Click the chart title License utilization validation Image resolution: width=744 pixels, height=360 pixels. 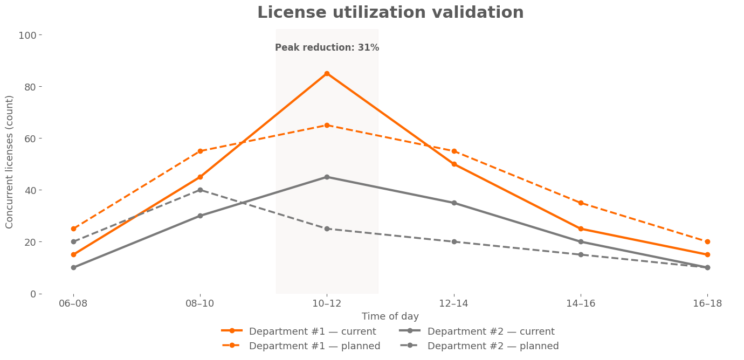pyautogui.click(x=390, y=13)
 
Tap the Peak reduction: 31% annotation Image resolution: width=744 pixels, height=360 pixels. pyautogui.click(x=327, y=47)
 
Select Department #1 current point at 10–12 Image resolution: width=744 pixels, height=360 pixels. pyautogui.click(x=327, y=74)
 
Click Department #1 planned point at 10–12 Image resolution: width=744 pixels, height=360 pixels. pyautogui.click(x=327, y=126)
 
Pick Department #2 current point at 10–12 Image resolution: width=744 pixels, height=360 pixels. pyautogui.click(x=327, y=177)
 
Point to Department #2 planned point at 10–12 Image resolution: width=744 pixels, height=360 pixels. pyautogui.click(x=327, y=229)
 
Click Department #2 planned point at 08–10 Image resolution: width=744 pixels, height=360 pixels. pyautogui.click(x=200, y=190)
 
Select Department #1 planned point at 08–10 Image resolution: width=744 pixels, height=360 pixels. pyautogui.click(x=200, y=151)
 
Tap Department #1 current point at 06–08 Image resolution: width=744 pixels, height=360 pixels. pyautogui.click(x=73, y=255)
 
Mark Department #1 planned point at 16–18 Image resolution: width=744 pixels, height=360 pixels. pyautogui.click(x=707, y=242)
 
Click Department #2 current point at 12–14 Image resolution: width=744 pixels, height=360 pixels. pyautogui.click(x=454, y=203)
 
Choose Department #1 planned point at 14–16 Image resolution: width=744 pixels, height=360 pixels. pyautogui.click(x=581, y=203)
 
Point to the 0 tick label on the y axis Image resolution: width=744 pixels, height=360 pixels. pyautogui.click(x=33, y=294)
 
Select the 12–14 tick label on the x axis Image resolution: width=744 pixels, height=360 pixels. pyautogui.click(x=454, y=304)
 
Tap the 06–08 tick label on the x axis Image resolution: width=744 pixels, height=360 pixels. pyautogui.click(x=73, y=304)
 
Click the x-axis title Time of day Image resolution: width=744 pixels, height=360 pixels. pyautogui.click(x=390, y=317)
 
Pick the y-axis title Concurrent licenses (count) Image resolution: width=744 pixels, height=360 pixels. pyautogui.click(x=10, y=162)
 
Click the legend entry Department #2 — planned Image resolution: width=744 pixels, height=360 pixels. pyautogui.click(x=493, y=346)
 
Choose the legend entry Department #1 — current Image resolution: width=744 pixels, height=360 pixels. pyautogui.click(x=312, y=331)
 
